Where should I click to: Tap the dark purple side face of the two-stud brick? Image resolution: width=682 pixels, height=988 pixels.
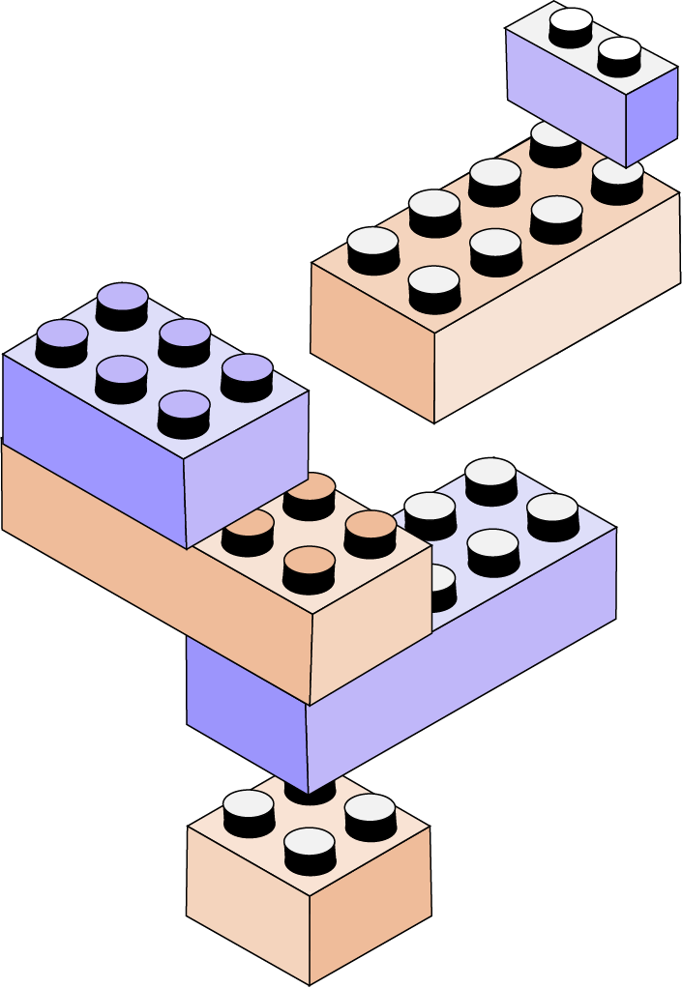pos(651,116)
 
